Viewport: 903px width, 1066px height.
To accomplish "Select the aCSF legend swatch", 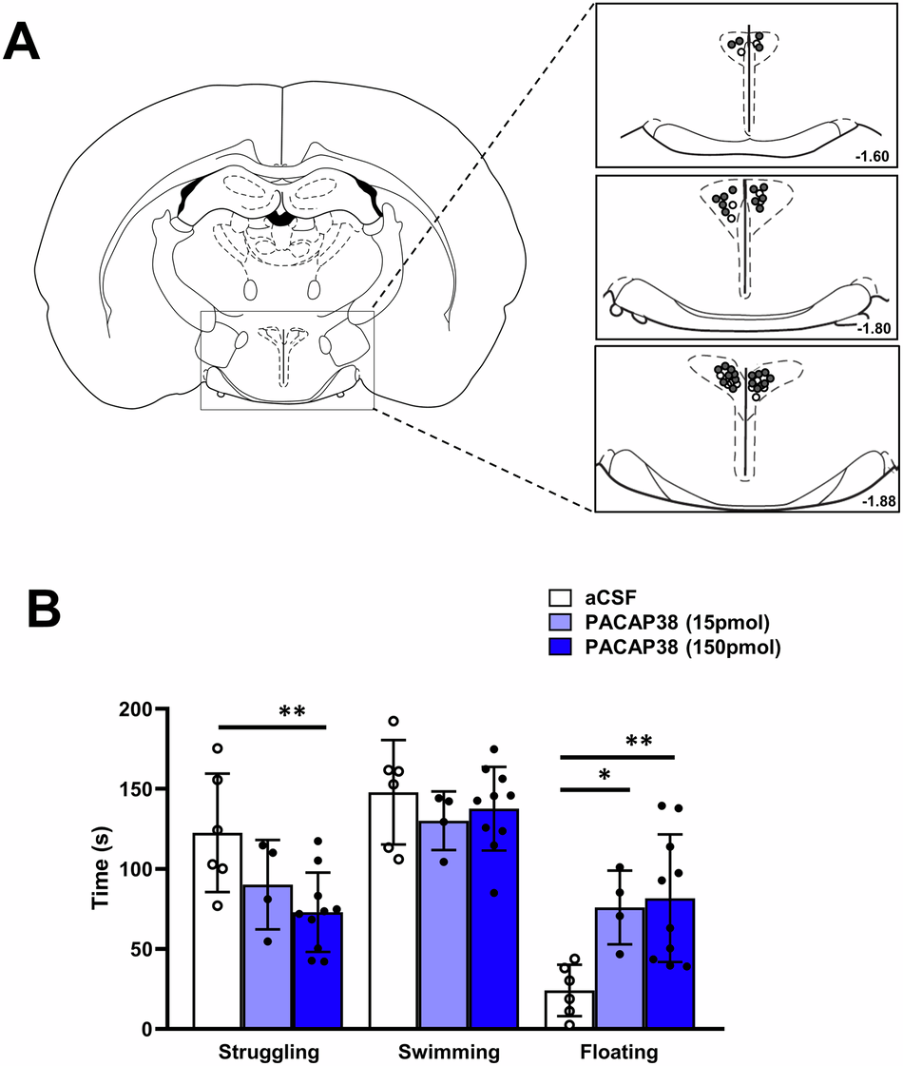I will point(559,599).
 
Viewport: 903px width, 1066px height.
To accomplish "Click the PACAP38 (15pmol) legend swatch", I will point(559,623).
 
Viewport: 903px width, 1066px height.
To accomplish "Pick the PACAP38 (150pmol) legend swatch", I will point(559,648).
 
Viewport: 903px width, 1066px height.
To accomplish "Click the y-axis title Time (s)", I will point(100,869).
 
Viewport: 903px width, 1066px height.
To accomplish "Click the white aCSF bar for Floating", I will point(569,1010).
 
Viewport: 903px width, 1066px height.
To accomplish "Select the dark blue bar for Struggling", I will point(317,971).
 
